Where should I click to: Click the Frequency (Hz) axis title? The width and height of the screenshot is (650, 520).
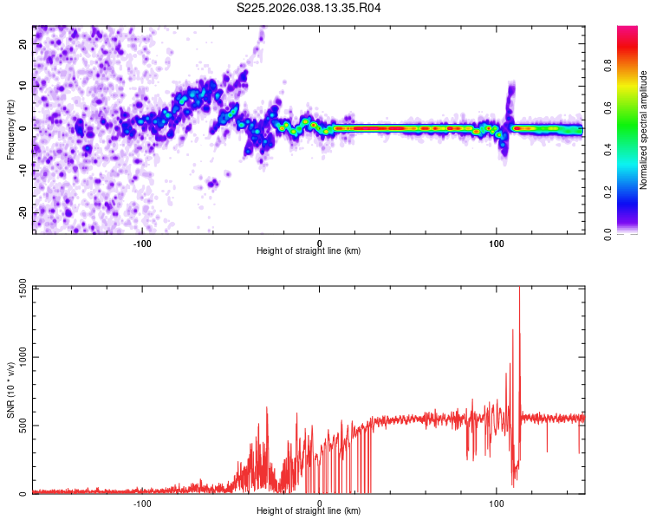click(x=10, y=129)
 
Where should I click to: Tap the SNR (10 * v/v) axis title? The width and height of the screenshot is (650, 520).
click(x=10, y=391)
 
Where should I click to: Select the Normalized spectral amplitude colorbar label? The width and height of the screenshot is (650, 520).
click(x=644, y=130)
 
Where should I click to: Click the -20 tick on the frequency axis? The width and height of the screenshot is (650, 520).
click(x=23, y=212)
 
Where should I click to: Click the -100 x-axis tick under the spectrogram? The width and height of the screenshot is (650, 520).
click(x=142, y=243)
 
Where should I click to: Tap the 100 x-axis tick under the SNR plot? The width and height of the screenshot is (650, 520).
click(x=497, y=504)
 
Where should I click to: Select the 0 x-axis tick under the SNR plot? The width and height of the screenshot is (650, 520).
click(x=320, y=504)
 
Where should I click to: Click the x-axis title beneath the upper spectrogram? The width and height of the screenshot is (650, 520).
click(x=309, y=251)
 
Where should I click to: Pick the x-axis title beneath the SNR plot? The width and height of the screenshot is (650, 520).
click(x=309, y=511)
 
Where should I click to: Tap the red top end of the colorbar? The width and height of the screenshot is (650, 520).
click(x=627, y=29)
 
